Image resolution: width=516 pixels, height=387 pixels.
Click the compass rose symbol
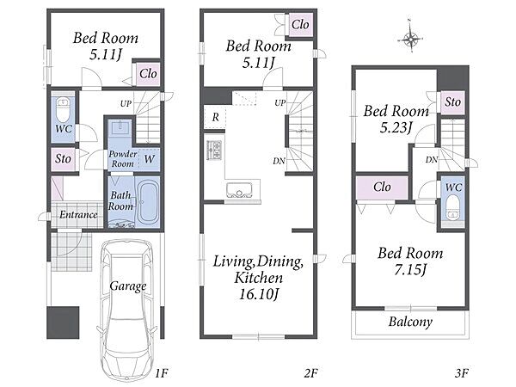click(x=411, y=39)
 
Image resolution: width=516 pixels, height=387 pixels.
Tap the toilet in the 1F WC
click(x=63, y=109)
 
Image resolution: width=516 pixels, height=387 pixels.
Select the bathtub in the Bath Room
click(x=148, y=202)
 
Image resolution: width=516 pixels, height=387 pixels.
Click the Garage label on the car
click(x=128, y=286)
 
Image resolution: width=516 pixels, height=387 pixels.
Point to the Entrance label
click(x=78, y=215)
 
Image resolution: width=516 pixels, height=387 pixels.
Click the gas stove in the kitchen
click(x=214, y=149)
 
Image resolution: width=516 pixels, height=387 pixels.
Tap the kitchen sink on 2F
click(x=239, y=190)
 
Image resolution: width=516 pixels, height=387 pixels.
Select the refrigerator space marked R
click(x=215, y=117)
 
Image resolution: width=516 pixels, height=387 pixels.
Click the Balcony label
click(x=410, y=322)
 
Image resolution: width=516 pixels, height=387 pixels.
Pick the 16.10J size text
click(x=259, y=294)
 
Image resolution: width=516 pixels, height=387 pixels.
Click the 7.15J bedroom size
click(x=410, y=270)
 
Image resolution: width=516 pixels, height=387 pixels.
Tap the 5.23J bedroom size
click(x=396, y=127)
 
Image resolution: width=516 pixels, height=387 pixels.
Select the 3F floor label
click(x=462, y=373)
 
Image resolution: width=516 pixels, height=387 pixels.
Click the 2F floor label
click(x=310, y=373)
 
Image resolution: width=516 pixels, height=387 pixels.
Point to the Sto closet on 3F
click(x=452, y=102)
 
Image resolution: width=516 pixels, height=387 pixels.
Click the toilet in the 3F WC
click(x=453, y=207)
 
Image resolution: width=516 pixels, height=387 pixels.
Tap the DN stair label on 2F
click(x=279, y=161)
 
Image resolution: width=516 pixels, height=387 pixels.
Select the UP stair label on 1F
click(x=126, y=104)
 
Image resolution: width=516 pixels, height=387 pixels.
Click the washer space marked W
click(x=149, y=159)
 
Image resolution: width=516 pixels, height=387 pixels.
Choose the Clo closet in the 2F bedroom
click(x=300, y=25)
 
